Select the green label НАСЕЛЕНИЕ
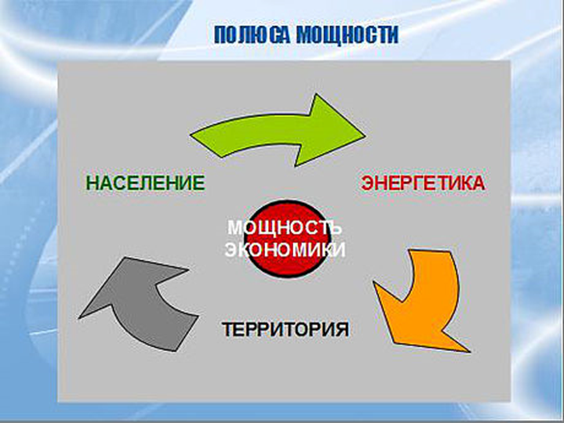[x=145, y=184]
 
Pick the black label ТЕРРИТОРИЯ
[x=286, y=328]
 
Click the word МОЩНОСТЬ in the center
[x=285, y=228]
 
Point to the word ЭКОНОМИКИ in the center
[x=285, y=250]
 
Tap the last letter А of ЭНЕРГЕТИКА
[x=478, y=184]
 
